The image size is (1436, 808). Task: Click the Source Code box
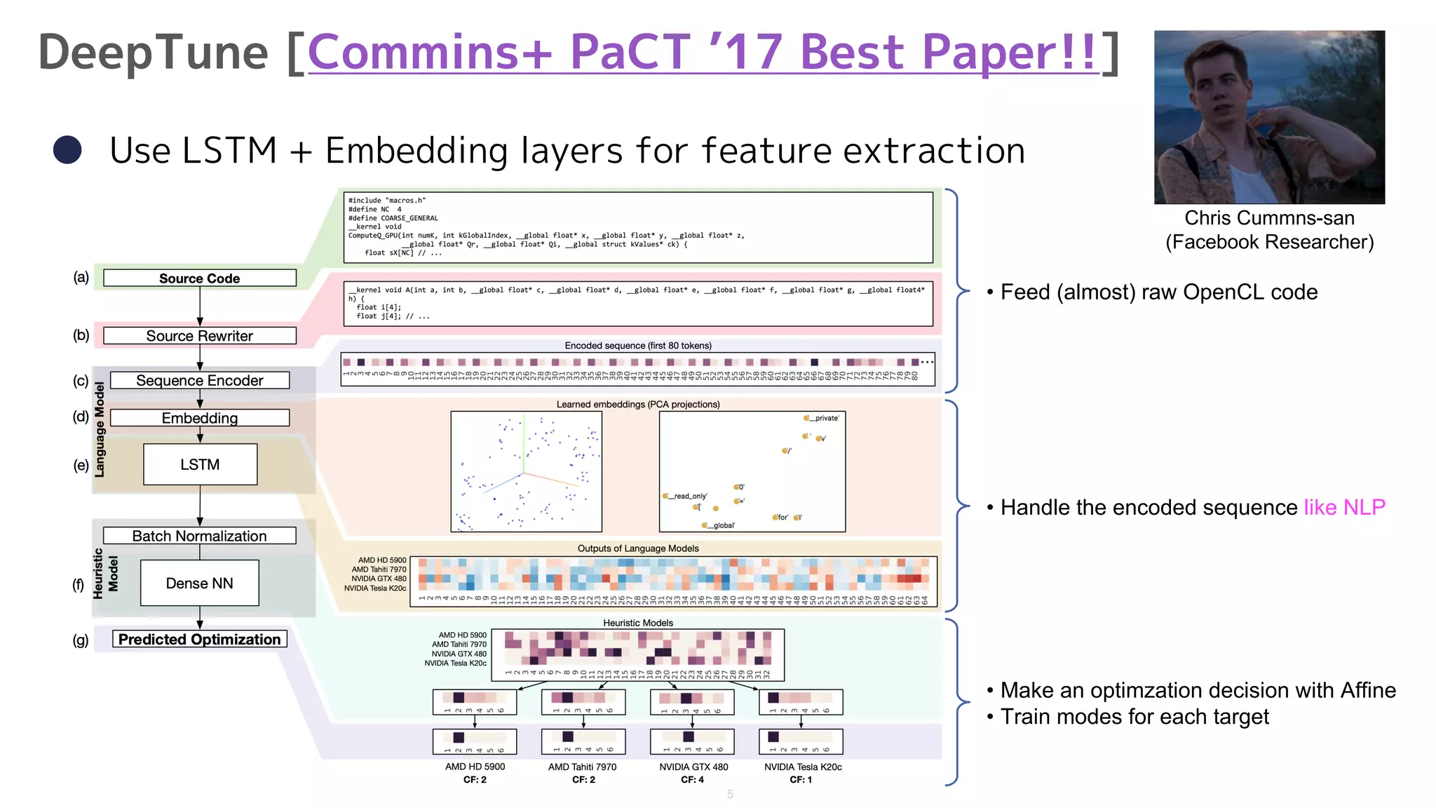click(x=200, y=278)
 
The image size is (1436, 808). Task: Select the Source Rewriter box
click(x=200, y=336)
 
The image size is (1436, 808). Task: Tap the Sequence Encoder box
click(x=200, y=381)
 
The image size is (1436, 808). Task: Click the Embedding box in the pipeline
click(x=200, y=418)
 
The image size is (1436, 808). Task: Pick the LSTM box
click(x=200, y=464)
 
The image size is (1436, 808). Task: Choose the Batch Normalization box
click(x=200, y=536)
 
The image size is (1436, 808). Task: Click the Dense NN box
click(x=200, y=583)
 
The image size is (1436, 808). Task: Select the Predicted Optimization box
click(x=200, y=639)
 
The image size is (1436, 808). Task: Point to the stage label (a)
click(x=81, y=277)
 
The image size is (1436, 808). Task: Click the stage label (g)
click(x=81, y=640)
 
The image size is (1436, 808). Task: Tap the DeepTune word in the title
click(x=153, y=53)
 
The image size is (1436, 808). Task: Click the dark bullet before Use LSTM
click(x=67, y=149)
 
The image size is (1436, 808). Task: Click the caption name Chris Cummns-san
click(x=1269, y=218)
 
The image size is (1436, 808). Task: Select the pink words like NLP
click(x=1344, y=507)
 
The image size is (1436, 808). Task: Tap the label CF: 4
click(x=692, y=779)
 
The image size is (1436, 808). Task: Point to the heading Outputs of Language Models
click(x=638, y=548)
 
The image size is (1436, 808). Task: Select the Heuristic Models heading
click(x=638, y=623)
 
